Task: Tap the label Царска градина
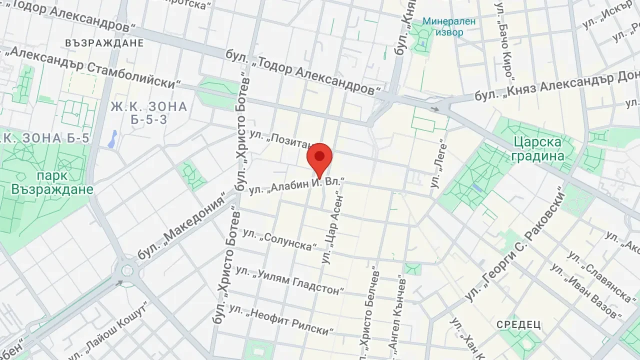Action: pos(537,149)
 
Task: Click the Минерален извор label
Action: pos(442,27)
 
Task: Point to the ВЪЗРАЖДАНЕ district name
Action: pos(104,42)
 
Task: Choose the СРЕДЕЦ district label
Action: pos(518,325)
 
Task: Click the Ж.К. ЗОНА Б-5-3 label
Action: pos(148,113)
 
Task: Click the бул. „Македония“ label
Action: pos(180,228)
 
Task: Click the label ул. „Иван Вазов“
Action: pos(585,290)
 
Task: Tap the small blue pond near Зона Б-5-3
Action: pos(112,138)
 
